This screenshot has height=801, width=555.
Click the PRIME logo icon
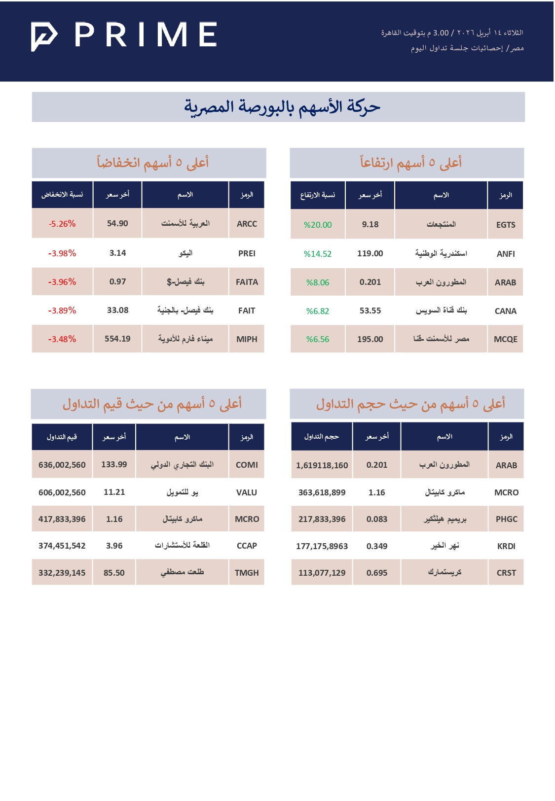tap(44, 36)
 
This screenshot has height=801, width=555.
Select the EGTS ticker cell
tap(506, 225)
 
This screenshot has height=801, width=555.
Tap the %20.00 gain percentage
tap(318, 225)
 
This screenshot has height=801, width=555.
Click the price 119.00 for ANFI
tap(370, 253)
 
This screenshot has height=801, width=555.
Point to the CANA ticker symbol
tap(506, 311)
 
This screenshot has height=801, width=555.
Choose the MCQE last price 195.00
tap(370, 339)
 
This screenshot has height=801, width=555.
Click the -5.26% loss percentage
tap(62, 224)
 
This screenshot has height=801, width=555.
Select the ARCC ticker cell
tap(247, 224)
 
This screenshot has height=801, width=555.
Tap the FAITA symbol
tap(247, 282)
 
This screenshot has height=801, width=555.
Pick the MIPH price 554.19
tap(117, 339)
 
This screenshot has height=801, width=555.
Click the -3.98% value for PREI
tap(62, 253)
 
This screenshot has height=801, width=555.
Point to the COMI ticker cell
tap(247, 465)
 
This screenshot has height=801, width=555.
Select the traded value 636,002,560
tap(62, 465)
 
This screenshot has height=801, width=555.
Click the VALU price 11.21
tap(114, 492)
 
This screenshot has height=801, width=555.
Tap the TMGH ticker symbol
tap(247, 573)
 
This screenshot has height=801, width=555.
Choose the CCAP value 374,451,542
tap(62, 546)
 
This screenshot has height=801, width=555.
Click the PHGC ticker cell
tap(507, 519)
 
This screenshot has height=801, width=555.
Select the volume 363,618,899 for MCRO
tap(322, 492)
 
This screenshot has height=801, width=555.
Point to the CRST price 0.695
tap(377, 573)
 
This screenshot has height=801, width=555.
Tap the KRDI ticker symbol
tap(507, 546)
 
